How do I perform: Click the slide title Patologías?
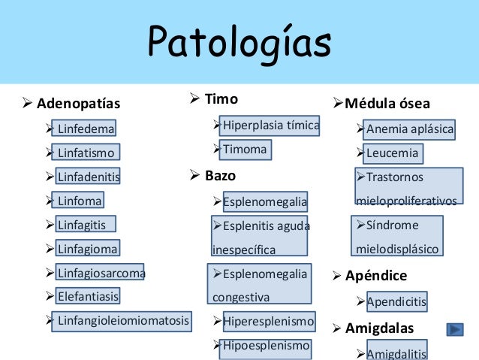pyautogui.click(x=239, y=43)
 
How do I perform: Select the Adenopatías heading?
pyautogui.click(x=78, y=103)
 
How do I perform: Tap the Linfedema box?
pyautogui.click(x=86, y=129)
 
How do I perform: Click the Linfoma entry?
pyautogui.click(x=79, y=201)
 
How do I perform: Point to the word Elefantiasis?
pyautogui.click(x=87, y=296)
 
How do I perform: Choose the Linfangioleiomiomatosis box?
pyautogui.click(x=123, y=321)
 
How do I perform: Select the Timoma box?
pyautogui.click(x=244, y=149)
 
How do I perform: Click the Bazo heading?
pyautogui.click(x=220, y=176)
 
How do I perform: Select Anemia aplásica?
pyautogui.click(x=410, y=129)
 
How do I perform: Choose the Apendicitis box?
pyautogui.click(x=396, y=302)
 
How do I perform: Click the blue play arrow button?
pyautogui.click(x=454, y=329)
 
